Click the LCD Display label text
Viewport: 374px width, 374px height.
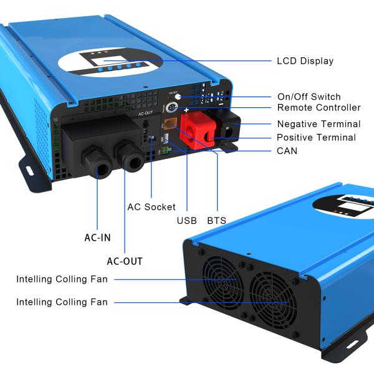point(305,61)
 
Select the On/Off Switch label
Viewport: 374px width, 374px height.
point(309,97)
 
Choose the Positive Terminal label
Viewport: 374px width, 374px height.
point(316,137)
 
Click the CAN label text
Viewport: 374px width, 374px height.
point(287,151)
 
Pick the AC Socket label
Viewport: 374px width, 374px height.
point(151,207)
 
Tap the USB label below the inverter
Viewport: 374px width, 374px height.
point(186,221)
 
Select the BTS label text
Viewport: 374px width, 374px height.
point(216,221)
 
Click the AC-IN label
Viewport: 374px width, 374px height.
point(98,237)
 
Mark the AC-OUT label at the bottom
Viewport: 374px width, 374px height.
point(124,261)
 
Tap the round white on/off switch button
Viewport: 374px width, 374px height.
point(178,97)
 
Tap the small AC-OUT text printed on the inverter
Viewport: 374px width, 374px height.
point(145,113)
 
